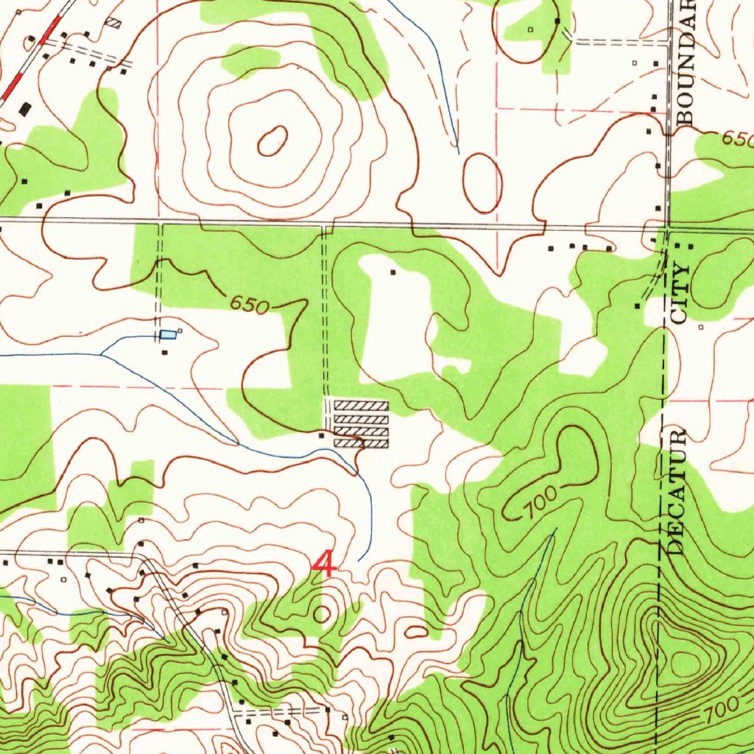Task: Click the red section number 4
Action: (x=324, y=565)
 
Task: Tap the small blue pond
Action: (x=169, y=335)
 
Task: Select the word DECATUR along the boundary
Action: (x=677, y=490)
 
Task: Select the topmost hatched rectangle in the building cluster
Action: (x=361, y=406)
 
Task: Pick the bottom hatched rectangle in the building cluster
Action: (x=361, y=443)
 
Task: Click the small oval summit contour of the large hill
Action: (x=272, y=141)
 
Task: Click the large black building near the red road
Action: (x=26, y=109)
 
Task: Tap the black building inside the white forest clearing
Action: (x=392, y=272)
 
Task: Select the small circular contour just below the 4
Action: (x=322, y=613)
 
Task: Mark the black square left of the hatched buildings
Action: (x=321, y=435)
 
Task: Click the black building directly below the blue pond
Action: (x=164, y=353)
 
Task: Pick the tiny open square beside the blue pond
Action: (x=180, y=331)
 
